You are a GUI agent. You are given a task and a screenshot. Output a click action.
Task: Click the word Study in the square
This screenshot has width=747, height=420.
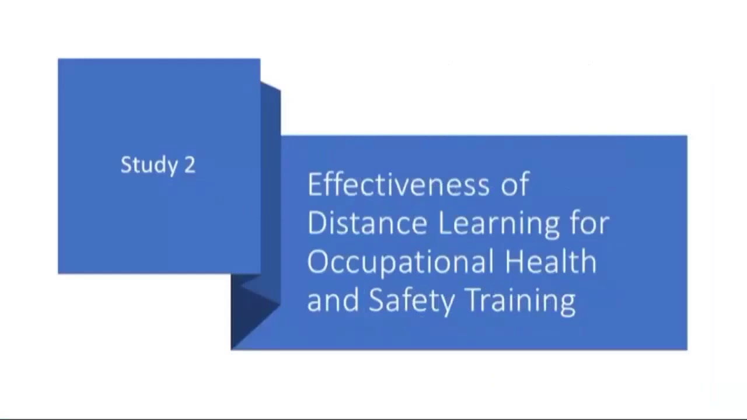coord(149,165)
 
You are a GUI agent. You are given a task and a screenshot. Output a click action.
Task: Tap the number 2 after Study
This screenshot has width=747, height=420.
coord(190,165)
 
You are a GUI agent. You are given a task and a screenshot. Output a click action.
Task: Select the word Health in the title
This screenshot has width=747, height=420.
coord(550,262)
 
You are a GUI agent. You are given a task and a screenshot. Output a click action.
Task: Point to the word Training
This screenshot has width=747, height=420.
coord(521,302)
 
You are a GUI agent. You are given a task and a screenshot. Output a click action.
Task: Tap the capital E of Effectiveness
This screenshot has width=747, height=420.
coord(315,185)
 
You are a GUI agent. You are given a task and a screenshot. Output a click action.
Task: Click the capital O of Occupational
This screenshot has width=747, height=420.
coord(317,262)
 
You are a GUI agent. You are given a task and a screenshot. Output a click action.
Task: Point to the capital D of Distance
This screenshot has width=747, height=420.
coord(317,223)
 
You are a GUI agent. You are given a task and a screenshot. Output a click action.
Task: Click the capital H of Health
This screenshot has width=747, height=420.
coord(515,262)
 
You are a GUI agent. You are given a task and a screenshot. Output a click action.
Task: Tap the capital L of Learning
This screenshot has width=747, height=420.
coord(444,223)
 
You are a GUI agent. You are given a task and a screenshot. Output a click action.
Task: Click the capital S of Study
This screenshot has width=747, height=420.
coord(126,165)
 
